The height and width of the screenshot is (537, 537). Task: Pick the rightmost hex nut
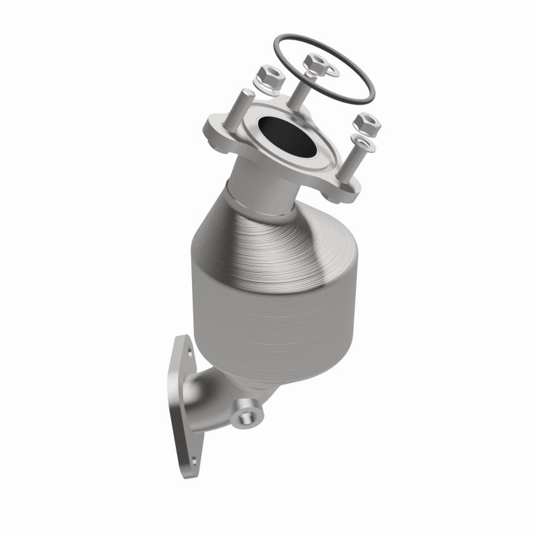click(367, 124)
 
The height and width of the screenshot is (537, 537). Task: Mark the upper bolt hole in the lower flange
click(188, 349)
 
